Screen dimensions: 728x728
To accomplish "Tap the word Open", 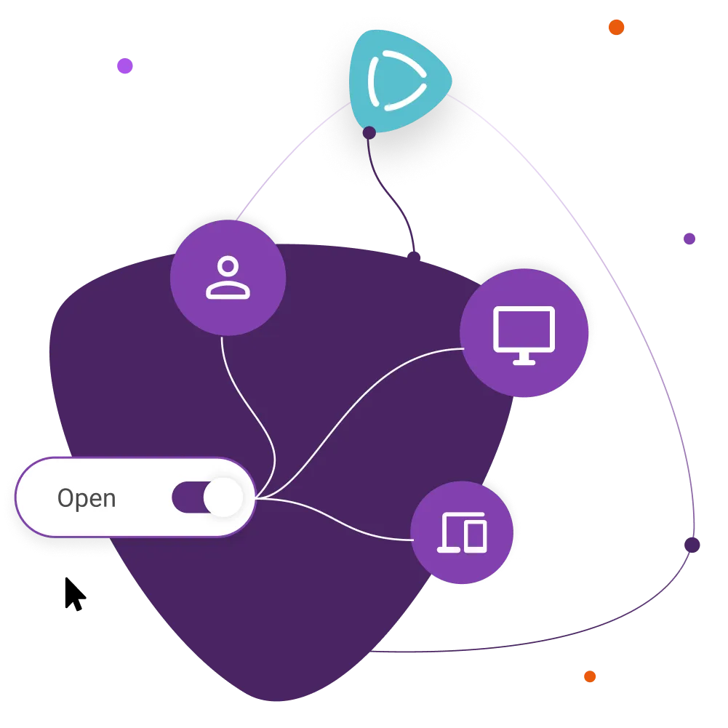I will point(87,498).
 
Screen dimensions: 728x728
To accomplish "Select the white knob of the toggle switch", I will point(223,497).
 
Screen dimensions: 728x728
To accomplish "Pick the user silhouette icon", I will point(228,278).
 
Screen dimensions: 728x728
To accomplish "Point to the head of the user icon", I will point(228,267).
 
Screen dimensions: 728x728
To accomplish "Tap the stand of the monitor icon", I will point(524,359).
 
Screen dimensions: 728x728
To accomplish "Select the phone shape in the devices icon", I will point(475,537).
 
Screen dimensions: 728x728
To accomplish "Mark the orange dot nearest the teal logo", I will point(616,28).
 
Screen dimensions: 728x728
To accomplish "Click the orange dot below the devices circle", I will point(590,677).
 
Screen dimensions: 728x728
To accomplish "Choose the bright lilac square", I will point(125,67).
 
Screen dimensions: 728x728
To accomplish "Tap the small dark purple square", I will point(689,239).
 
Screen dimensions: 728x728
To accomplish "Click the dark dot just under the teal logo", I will point(369,132).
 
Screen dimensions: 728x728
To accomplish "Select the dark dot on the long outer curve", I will point(692,544).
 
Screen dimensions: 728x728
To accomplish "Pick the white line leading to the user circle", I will point(251,407).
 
